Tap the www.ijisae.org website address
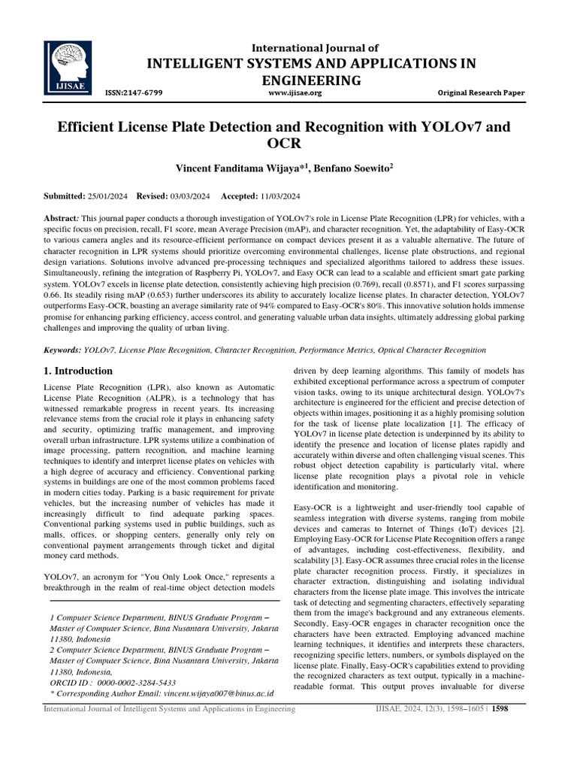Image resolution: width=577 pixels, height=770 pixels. pyautogui.click(x=295, y=93)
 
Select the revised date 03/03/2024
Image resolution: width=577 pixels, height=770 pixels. pyautogui.click(x=188, y=196)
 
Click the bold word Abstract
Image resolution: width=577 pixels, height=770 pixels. pyautogui.click(x=65, y=216)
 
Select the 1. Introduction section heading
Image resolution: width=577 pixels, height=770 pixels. pyautogui.click(x=78, y=371)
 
